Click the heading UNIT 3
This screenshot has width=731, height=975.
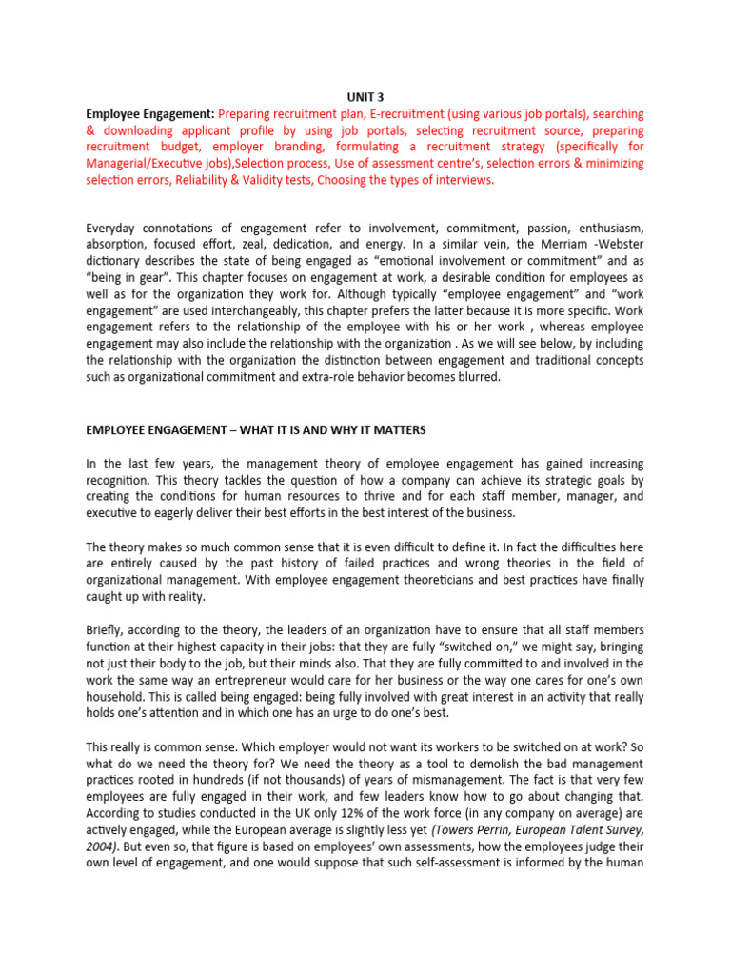point(365,96)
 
